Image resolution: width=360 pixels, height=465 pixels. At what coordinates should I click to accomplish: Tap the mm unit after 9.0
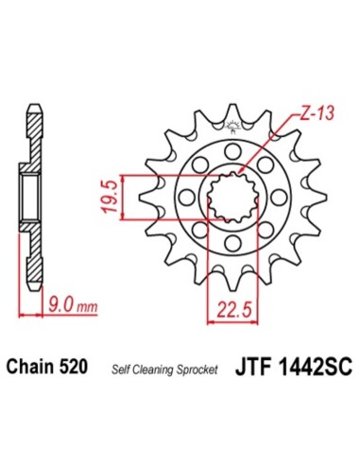point(87,307)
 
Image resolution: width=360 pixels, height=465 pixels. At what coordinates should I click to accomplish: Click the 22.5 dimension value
point(228,308)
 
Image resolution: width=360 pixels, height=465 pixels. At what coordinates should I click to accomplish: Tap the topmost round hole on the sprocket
point(230,150)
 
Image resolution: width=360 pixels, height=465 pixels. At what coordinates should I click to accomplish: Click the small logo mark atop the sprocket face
point(230,135)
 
